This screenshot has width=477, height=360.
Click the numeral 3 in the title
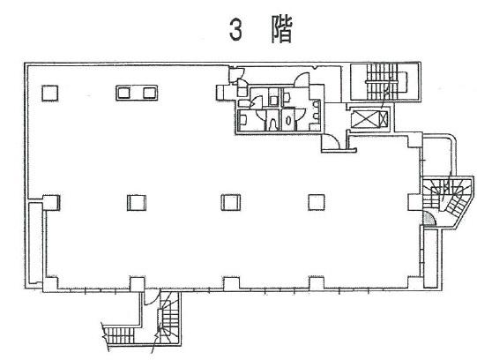[235, 30]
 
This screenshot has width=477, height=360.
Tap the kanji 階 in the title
[281, 29]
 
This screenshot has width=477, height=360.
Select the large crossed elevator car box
[365, 119]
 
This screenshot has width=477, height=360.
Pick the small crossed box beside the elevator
[384, 119]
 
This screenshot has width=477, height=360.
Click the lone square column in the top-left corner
[50, 94]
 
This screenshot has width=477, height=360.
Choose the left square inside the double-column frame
[123, 93]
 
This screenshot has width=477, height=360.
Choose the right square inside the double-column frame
[149, 93]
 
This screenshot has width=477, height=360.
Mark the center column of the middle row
[231, 202]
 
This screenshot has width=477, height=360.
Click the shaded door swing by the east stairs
[429, 219]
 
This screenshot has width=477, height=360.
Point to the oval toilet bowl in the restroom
[288, 121]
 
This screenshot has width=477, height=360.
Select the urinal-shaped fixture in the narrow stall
[272, 124]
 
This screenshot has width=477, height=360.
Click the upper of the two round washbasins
[316, 105]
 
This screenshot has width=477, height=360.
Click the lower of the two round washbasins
[316, 116]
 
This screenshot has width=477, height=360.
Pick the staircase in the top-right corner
[384, 81]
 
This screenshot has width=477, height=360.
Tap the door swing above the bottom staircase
[150, 300]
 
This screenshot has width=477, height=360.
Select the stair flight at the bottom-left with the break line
[119, 335]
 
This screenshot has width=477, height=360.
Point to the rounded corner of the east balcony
[451, 139]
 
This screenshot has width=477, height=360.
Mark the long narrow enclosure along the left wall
[35, 244]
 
